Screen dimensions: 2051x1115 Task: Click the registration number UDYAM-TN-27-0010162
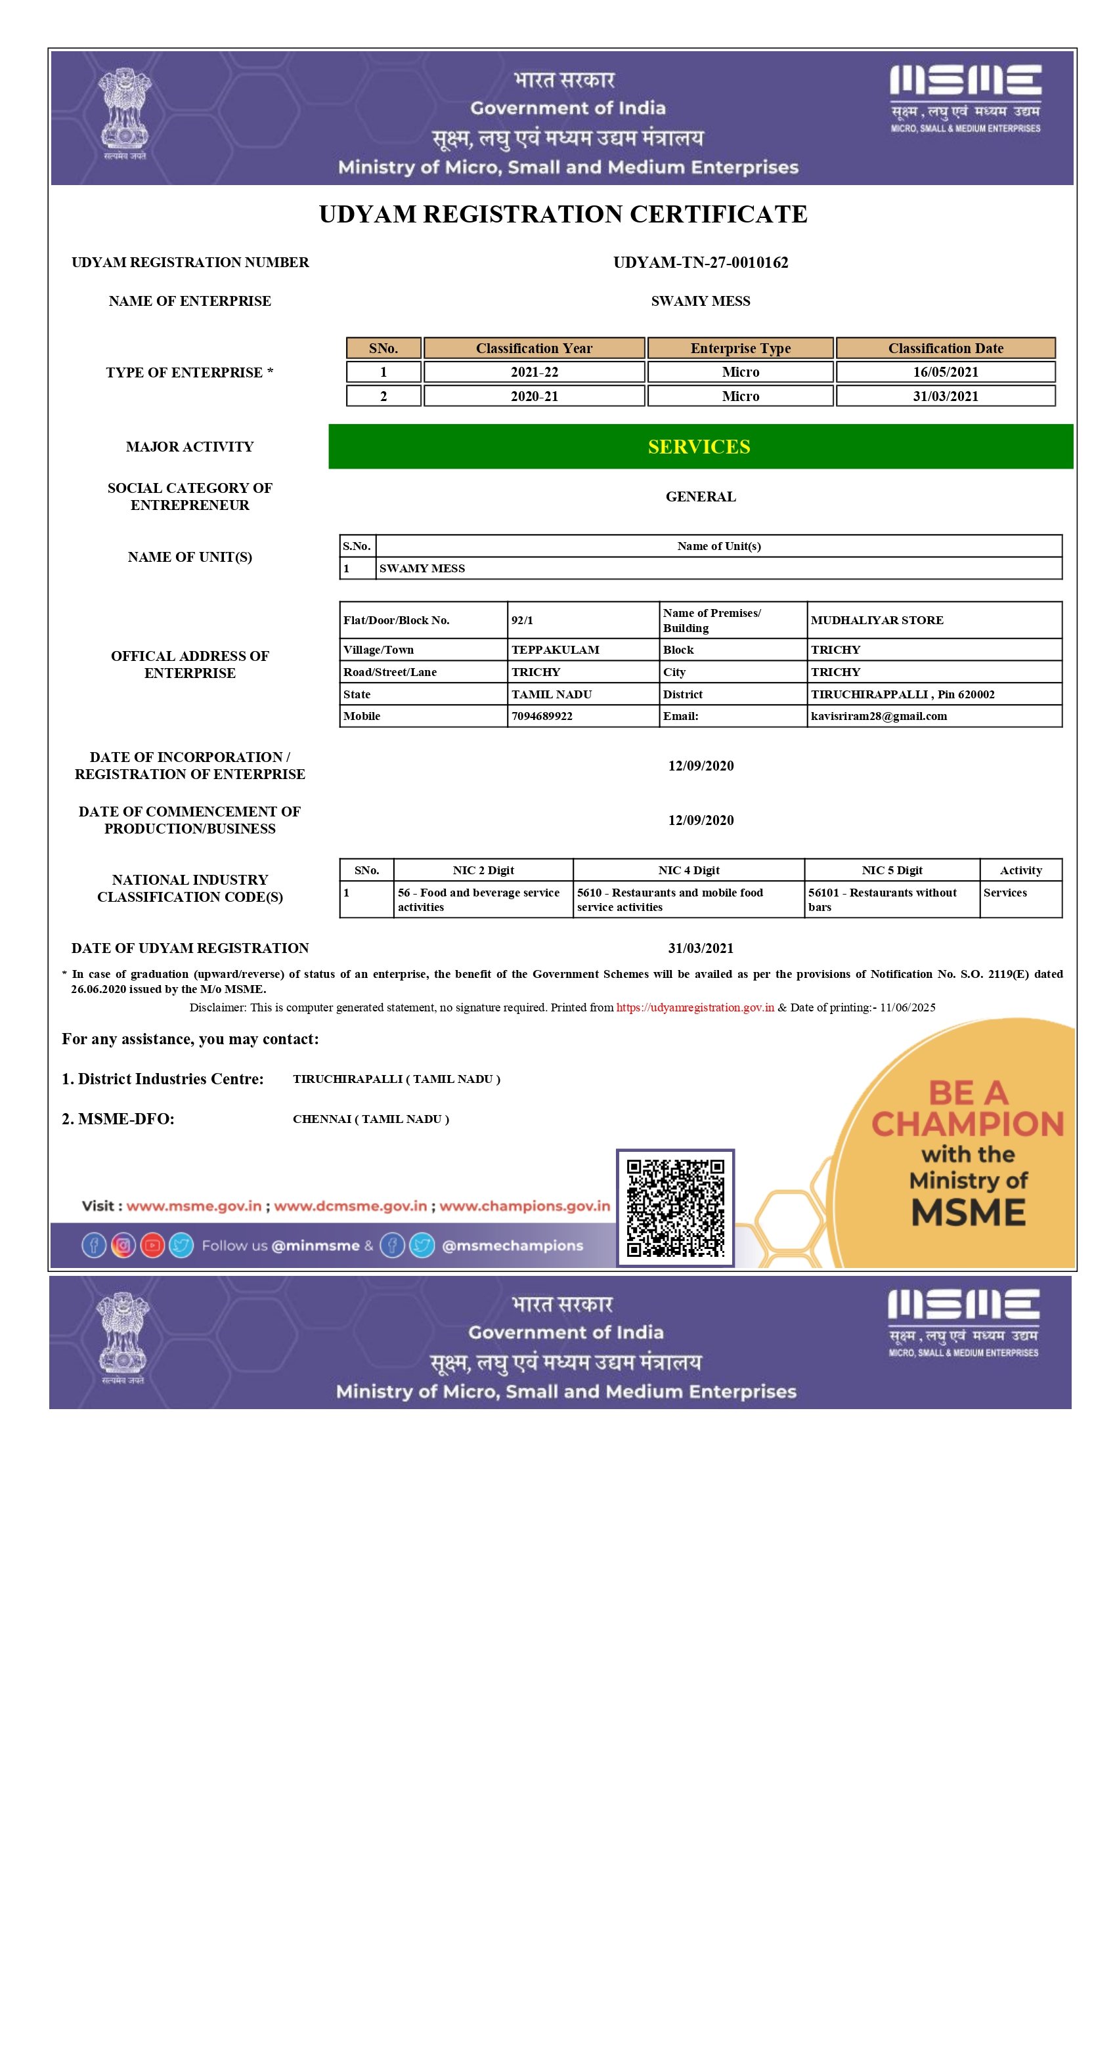click(700, 263)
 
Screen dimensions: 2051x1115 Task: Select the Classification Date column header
click(946, 348)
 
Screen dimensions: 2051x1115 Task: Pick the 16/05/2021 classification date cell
click(946, 372)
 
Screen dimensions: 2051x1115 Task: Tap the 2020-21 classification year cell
click(534, 396)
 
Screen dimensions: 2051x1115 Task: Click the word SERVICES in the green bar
click(699, 447)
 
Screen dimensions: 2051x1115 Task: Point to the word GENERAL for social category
click(701, 497)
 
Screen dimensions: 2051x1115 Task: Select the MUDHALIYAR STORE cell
click(877, 620)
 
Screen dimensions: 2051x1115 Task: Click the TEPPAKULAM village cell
click(555, 650)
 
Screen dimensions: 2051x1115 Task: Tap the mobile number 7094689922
click(542, 716)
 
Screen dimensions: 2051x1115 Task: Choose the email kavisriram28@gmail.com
click(879, 716)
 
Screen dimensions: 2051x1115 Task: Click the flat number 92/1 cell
click(523, 620)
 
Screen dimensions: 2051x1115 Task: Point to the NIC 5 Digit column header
click(892, 870)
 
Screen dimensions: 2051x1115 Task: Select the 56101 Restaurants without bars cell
click(883, 900)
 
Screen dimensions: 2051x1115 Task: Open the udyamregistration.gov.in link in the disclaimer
click(695, 1007)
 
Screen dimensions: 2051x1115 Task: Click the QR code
click(676, 1207)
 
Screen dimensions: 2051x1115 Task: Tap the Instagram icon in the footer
click(123, 1245)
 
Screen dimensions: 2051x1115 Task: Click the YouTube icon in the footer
click(152, 1245)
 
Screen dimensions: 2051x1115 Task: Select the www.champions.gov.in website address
click(525, 1206)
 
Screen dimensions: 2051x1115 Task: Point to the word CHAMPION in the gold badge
click(968, 1124)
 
